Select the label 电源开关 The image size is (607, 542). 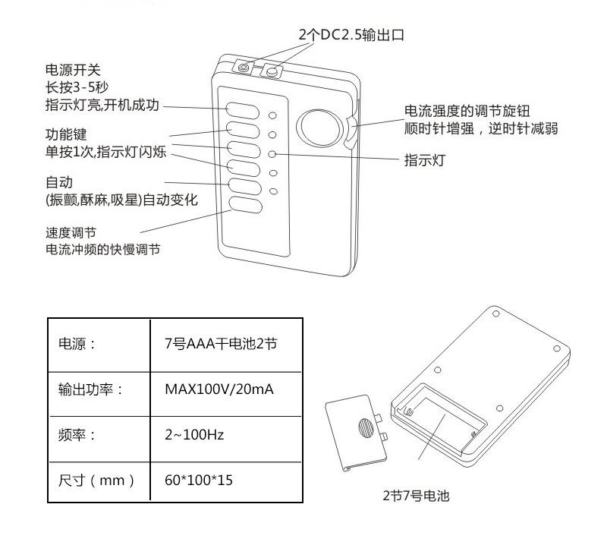68,68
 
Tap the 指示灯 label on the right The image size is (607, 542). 423,160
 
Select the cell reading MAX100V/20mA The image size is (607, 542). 219,389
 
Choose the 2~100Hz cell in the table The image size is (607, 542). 194,435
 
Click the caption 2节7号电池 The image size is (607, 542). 416,496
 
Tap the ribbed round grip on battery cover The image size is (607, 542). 366,427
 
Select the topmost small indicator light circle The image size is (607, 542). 274,117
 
